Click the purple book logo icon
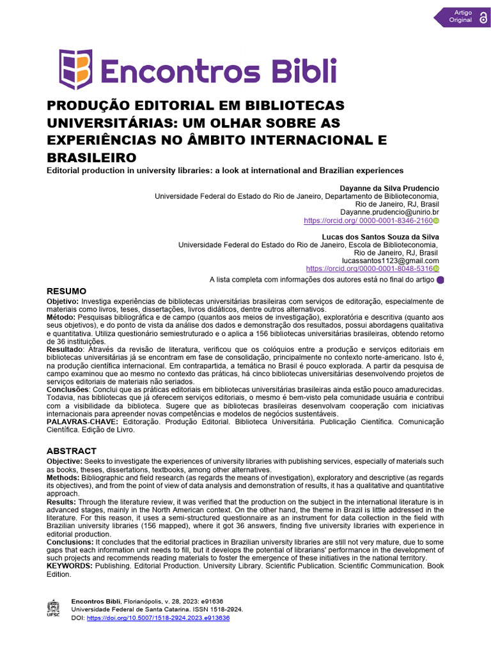click(75, 69)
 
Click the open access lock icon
click(483, 17)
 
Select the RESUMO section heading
click(66, 291)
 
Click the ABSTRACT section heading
click(72, 451)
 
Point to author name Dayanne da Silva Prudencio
click(389, 188)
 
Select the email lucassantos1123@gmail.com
click(391, 261)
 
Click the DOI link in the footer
click(157, 618)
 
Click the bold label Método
click(61, 317)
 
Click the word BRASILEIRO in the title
click(92, 157)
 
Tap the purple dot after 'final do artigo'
click(440, 280)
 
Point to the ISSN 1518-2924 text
click(219, 610)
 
